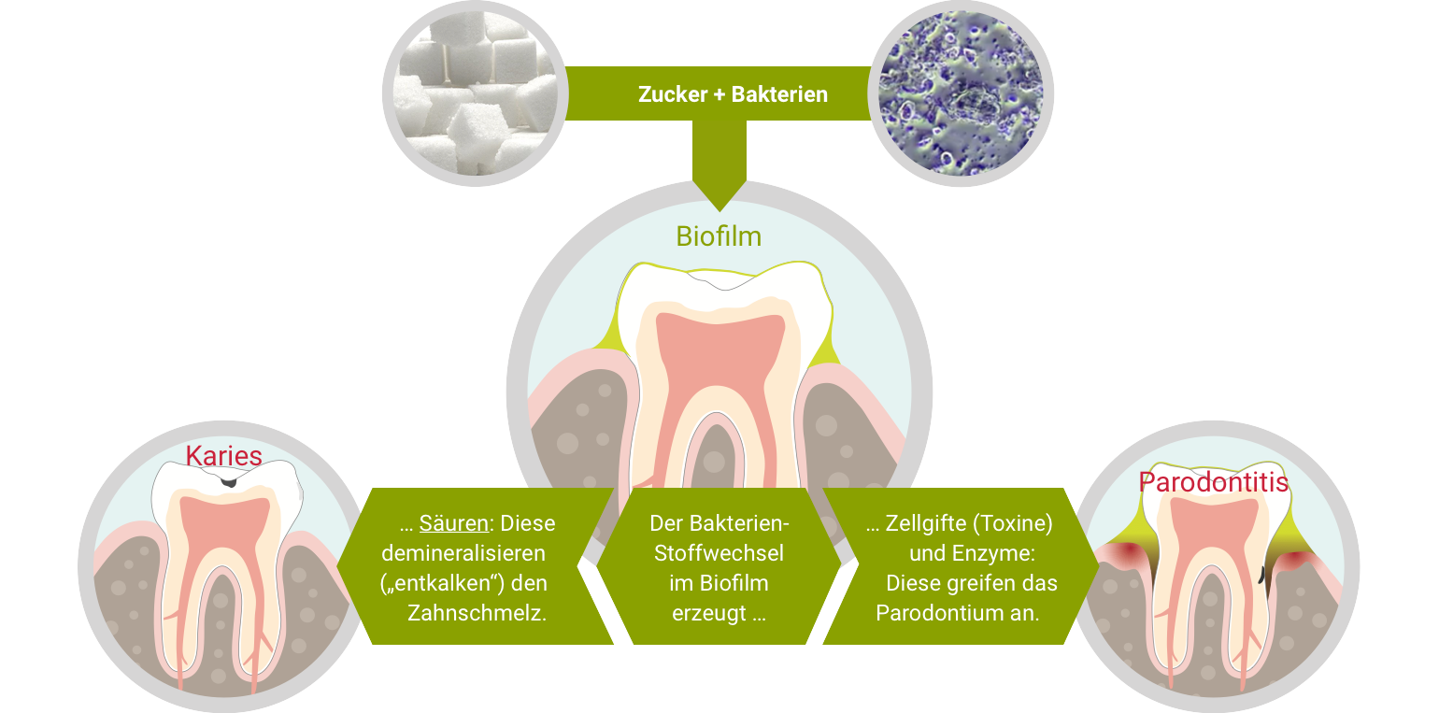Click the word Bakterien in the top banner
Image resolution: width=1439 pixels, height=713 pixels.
coord(779,94)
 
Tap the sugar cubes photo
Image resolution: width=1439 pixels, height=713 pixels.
coord(475,93)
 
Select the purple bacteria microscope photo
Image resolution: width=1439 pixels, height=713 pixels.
coord(961,94)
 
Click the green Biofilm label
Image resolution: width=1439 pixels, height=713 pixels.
coord(719,236)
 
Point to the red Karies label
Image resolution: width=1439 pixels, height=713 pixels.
coord(223,455)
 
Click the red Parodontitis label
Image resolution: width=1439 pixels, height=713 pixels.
coord(1213,482)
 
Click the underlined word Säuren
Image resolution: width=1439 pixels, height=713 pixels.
coord(454,523)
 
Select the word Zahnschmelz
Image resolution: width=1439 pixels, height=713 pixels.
coord(477,613)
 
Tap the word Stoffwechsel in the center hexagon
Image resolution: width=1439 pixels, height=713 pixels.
coord(719,552)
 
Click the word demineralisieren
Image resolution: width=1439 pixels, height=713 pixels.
coord(463,552)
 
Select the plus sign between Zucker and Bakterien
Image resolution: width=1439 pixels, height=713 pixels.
coord(719,94)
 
